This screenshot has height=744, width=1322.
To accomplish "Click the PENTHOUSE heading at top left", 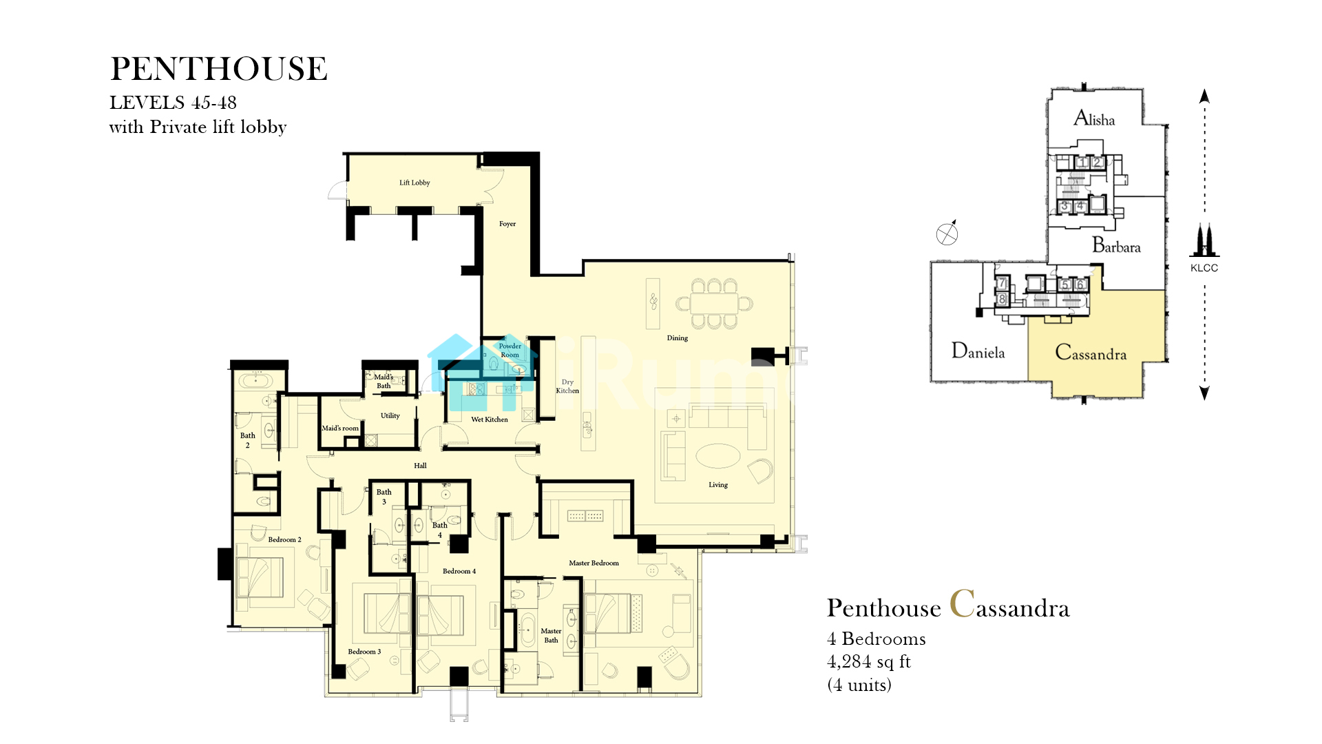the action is pos(219,69).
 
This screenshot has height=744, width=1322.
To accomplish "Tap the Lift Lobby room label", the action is pos(415,183).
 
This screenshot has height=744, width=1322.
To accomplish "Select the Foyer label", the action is pos(507,224).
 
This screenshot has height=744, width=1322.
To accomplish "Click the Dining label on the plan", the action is pos(678,338).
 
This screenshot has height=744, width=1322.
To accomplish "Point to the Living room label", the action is pos(718,485).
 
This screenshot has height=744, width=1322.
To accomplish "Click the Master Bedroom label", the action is pos(594,564).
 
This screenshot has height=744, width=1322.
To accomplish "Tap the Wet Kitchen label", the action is pos(490,420).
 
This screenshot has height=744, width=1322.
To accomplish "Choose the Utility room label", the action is pos(390,416).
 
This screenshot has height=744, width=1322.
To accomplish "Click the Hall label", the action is pos(420,466).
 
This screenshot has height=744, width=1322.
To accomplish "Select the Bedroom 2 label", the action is pos(284,540).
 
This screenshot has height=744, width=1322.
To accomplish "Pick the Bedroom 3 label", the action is pos(364,652).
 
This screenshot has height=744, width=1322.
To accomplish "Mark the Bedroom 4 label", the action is pos(459,571).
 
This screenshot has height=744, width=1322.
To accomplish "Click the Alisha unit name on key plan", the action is pos(1094,118).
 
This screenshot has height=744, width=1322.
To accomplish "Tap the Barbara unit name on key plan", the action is pos(1116,245).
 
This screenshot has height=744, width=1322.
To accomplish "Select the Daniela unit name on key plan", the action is pos(978,351).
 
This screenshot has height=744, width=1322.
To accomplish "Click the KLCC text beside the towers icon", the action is pos(1204,268).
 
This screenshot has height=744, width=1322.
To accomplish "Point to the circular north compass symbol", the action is pos(947,234).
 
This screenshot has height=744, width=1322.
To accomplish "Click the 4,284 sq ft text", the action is pos(868,662).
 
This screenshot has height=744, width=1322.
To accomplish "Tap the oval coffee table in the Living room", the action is pos(718,456).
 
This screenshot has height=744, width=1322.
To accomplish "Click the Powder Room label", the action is pos(510,351).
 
